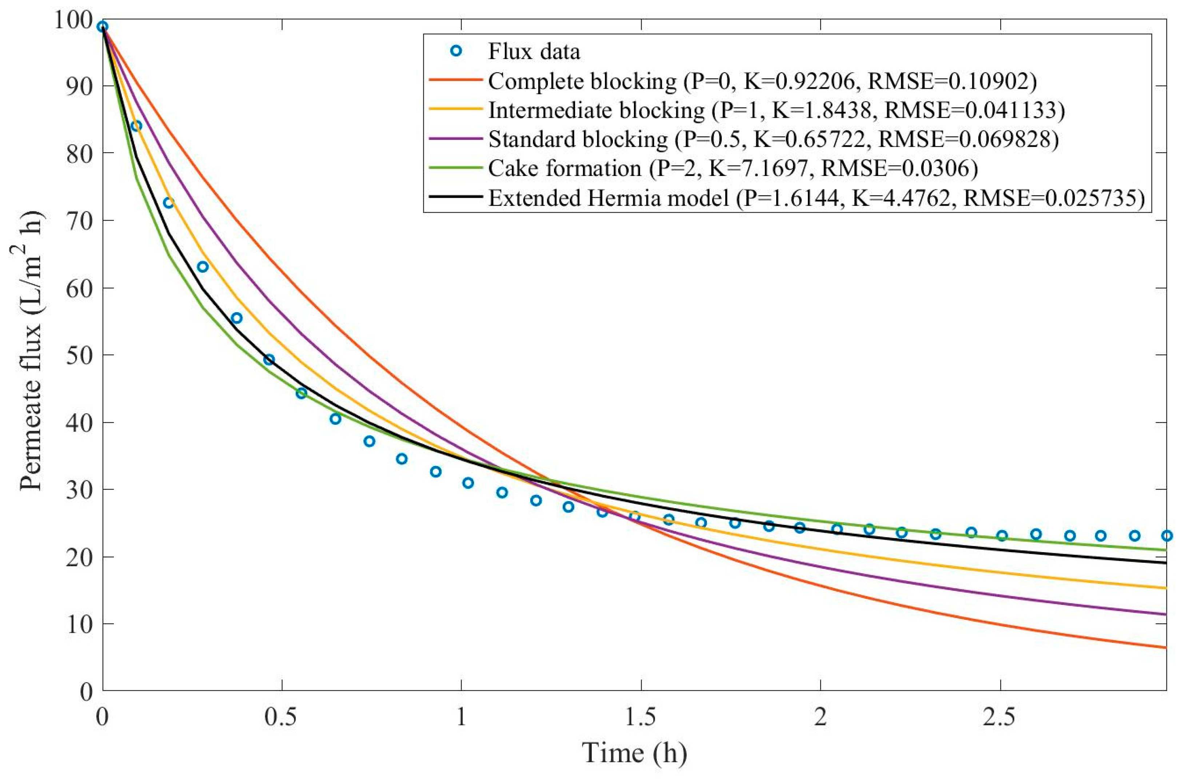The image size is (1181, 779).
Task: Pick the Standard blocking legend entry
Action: pos(773,139)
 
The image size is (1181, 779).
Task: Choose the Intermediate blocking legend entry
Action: pos(776,110)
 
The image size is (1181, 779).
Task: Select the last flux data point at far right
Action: pos(1166,535)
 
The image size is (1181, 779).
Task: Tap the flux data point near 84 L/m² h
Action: pos(136,126)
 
